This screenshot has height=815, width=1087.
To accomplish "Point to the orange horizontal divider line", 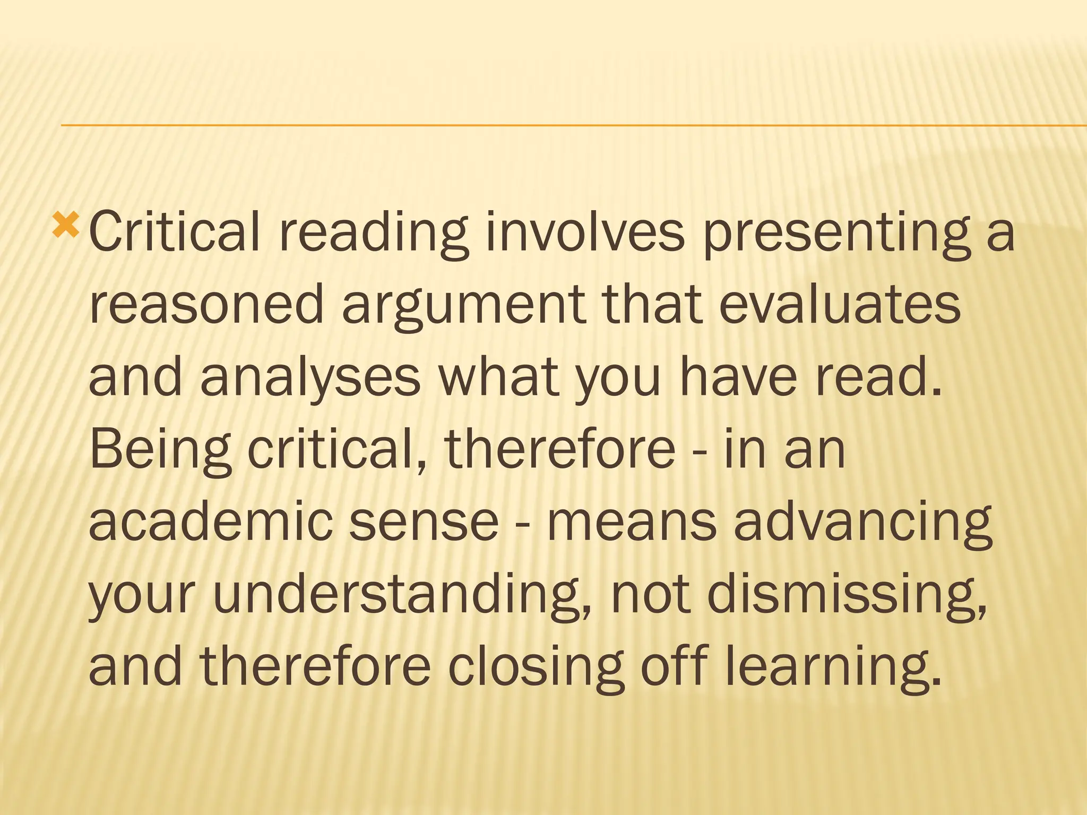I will (573, 125).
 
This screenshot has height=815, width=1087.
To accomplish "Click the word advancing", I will (863, 523).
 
